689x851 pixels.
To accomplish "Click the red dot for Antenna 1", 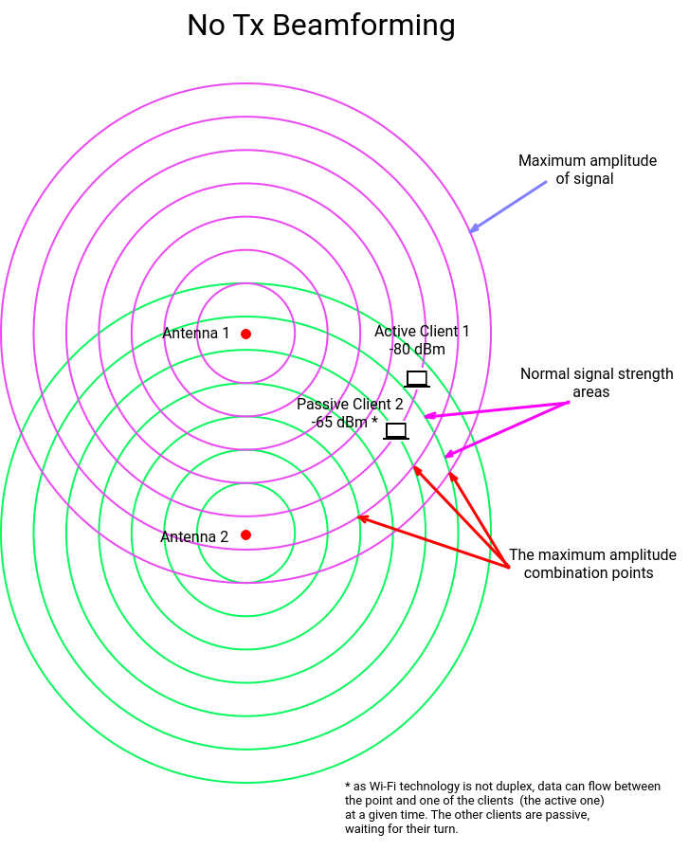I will pyautogui.click(x=245, y=334).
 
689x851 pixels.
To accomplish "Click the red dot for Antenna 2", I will pyautogui.click(x=245, y=535).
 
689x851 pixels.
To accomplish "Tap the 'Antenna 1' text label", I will pyautogui.click(x=196, y=334).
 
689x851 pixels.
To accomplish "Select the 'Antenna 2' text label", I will pyautogui.click(x=194, y=537).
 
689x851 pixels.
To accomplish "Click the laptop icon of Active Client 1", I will pyautogui.click(x=417, y=379).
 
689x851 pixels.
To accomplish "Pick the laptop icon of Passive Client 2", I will pyautogui.click(x=396, y=431).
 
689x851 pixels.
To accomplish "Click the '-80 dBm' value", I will pyautogui.click(x=417, y=350).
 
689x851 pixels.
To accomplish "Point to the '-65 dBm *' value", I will pyautogui.click(x=344, y=423).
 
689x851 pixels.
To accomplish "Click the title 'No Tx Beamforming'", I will pyautogui.click(x=320, y=26).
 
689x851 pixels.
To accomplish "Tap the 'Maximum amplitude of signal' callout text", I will pyautogui.click(x=587, y=170).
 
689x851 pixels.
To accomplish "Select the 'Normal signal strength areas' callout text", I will pyautogui.click(x=596, y=383).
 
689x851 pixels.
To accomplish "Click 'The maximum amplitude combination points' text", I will pyautogui.click(x=592, y=564).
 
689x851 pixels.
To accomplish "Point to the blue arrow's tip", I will pyautogui.click(x=472, y=230).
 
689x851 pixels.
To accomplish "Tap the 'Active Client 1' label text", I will pyautogui.click(x=422, y=332).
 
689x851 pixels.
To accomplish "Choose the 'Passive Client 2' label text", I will pyautogui.click(x=350, y=404).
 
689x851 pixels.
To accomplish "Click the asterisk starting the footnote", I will pyautogui.click(x=348, y=786).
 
